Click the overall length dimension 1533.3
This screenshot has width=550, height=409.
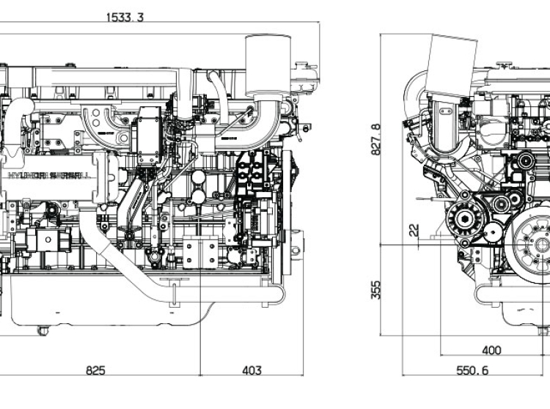click(125, 17)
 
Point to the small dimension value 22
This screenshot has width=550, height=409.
click(414, 230)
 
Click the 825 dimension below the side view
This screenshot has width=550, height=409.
click(95, 370)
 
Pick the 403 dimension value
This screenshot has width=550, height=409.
click(252, 370)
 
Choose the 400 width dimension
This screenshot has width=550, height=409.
click(491, 350)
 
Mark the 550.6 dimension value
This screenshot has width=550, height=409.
click(474, 370)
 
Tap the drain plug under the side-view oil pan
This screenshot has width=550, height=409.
click(43, 331)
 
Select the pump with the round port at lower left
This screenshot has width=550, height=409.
click(45, 239)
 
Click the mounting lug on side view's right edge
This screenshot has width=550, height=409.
click(296, 242)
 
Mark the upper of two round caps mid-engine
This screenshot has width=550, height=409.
click(197, 177)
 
